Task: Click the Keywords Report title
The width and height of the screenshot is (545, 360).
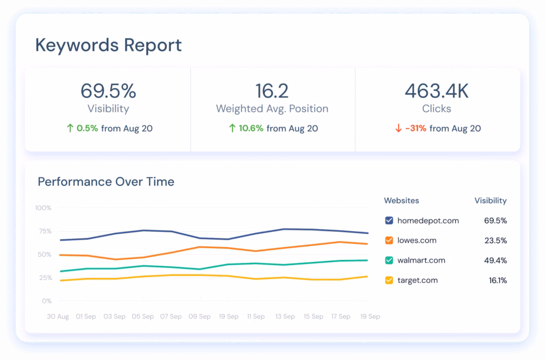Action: point(109,45)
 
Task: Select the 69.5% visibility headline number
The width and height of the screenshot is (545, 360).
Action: point(108,91)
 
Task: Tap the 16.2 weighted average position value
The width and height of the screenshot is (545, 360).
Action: point(272,91)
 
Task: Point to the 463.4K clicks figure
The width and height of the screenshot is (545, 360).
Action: point(436,91)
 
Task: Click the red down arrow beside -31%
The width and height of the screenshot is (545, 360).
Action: point(398,128)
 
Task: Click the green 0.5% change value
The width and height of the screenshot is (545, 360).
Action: point(87,128)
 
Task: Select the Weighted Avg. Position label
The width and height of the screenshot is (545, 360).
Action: point(272,109)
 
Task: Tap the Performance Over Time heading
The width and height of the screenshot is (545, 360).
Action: point(106,182)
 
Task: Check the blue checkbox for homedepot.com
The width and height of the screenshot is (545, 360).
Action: point(389,220)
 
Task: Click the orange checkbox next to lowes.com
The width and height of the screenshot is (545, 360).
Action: point(389,240)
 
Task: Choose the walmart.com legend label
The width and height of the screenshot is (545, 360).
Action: point(421,260)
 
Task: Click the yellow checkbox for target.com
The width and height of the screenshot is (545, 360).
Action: point(389,280)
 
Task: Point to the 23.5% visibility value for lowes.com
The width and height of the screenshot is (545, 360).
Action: point(496,240)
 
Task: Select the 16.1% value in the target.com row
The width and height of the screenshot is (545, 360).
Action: point(498,280)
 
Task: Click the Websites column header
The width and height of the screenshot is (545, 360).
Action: point(401,201)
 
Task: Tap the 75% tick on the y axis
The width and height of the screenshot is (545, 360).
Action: point(45,231)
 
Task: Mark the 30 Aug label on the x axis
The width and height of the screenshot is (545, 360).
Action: point(58,316)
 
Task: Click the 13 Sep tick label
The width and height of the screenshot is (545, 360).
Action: point(285,316)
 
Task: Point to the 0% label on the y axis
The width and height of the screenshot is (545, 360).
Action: point(47,301)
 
